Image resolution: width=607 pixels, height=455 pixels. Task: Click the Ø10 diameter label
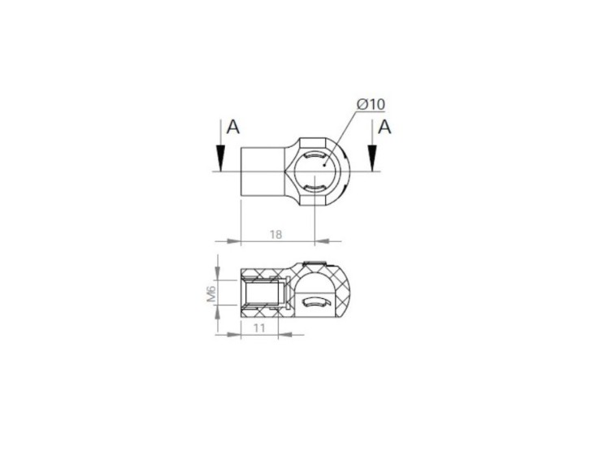pyautogui.click(x=371, y=104)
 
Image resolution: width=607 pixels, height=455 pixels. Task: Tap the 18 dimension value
pyautogui.click(x=275, y=234)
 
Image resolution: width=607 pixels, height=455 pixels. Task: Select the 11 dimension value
pyautogui.click(x=259, y=328)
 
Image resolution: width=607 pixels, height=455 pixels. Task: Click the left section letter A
pyautogui.click(x=232, y=127)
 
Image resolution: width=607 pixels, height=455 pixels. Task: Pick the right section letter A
pyautogui.click(x=384, y=127)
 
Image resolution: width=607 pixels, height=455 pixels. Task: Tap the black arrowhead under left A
pyautogui.click(x=220, y=158)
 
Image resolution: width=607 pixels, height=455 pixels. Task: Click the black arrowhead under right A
pyautogui.click(x=372, y=158)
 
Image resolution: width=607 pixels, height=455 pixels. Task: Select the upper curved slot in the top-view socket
pyautogui.click(x=314, y=156)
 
